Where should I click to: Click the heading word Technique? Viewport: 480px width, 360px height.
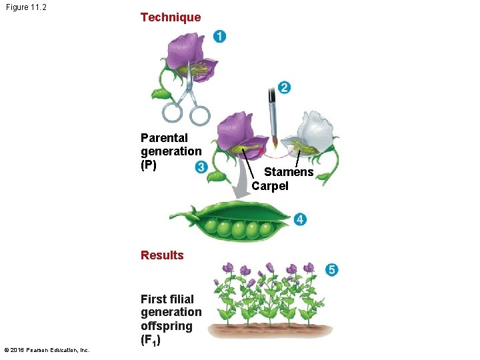point(170,17)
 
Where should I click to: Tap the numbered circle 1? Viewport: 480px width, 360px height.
point(219,36)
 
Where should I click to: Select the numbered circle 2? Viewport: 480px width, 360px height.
point(285,87)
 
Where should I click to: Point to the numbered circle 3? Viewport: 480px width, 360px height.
point(201,167)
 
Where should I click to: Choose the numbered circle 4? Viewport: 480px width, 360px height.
point(300,219)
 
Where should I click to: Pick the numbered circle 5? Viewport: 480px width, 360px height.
point(332,269)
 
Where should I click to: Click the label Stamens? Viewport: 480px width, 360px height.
point(289,172)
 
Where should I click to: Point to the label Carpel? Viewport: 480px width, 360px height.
point(270,186)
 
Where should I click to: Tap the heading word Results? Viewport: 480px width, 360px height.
point(162,255)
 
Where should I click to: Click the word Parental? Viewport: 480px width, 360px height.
point(164,137)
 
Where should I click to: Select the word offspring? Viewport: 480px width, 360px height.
point(166,326)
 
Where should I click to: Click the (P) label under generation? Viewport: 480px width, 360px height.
point(149,165)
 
